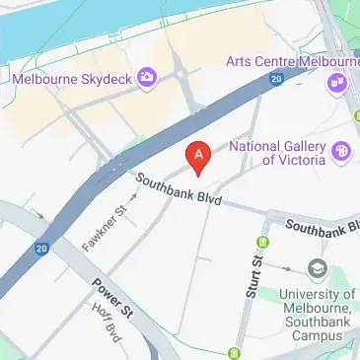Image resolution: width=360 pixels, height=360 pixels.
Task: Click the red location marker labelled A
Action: [199, 156]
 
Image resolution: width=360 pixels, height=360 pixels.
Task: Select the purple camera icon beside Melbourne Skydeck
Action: [147, 76]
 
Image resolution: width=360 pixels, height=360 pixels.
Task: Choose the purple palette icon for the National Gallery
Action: [341, 151]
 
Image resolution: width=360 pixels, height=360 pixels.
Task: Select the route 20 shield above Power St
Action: [40, 249]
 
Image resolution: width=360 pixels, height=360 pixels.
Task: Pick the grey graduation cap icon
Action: [317, 267]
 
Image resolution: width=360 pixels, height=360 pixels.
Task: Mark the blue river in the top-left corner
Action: [39, 30]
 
